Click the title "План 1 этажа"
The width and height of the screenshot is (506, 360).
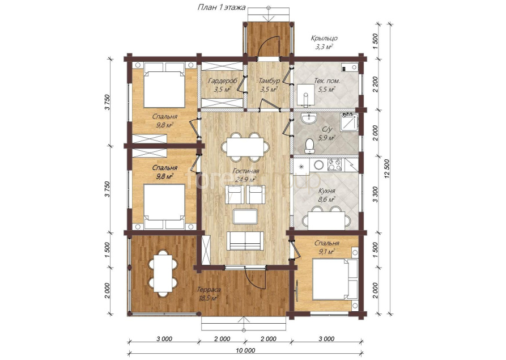pyautogui.click(x=222, y=7)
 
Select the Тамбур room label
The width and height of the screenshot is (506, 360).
pyautogui.click(x=269, y=81)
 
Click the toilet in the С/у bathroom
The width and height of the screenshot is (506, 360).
pyautogui.click(x=310, y=146)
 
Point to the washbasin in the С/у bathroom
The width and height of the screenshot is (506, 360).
pyautogui.click(x=310, y=119)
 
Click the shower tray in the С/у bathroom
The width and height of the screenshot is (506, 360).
pyautogui.click(x=349, y=122)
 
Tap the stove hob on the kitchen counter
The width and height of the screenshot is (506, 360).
pyautogui.click(x=335, y=165)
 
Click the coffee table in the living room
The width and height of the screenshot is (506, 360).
pyautogui.click(x=245, y=216)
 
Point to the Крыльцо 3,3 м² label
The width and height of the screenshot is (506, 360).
pyautogui.click(x=324, y=43)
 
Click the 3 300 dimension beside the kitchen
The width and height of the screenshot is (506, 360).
pyautogui.click(x=375, y=195)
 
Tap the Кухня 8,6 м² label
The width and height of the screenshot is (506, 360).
pyautogui.click(x=326, y=196)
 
